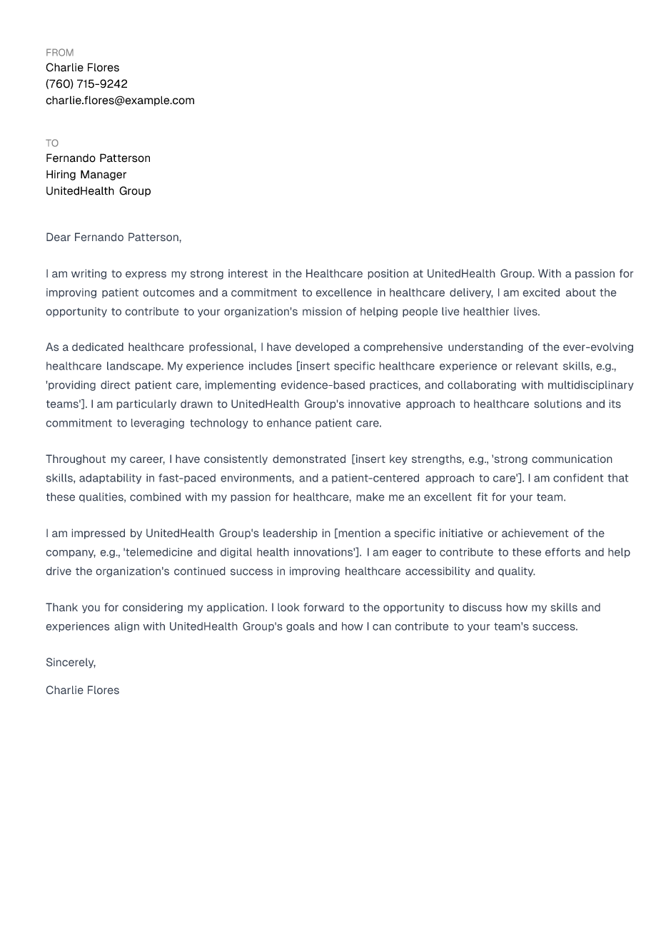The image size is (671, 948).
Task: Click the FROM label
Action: click(x=59, y=53)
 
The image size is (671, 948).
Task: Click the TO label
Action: click(x=52, y=143)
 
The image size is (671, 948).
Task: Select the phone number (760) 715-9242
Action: click(x=86, y=84)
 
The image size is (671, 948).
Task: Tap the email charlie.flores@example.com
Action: click(x=120, y=101)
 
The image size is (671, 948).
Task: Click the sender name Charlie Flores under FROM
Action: click(x=82, y=68)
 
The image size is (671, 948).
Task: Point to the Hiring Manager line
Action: click(x=86, y=175)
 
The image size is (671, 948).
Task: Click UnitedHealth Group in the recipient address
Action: click(x=98, y=191)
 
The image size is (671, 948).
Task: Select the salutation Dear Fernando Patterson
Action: click(x=113, y=238)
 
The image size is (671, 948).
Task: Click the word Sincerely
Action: click(x=70, y=663)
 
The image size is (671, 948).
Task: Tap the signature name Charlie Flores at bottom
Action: click(x=82, y=690)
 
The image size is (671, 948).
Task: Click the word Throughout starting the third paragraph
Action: click(x=76, y=459)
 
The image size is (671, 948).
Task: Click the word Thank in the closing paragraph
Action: click(x=62, y=608)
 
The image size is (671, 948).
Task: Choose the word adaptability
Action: click(x=110, y=479)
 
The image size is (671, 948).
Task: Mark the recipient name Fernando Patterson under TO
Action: click(x=98, y=158)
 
